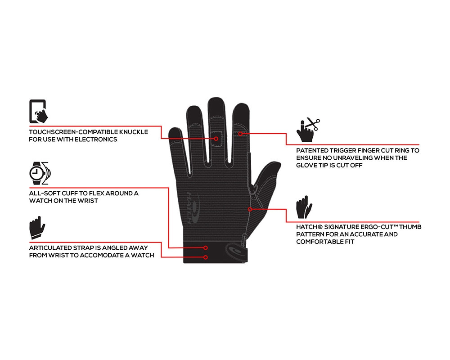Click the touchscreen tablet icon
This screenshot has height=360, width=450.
38,112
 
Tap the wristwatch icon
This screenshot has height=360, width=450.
40,173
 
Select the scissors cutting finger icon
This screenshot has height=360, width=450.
308,130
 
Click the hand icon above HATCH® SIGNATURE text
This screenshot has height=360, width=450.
304,207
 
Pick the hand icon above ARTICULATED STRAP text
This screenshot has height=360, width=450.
37,228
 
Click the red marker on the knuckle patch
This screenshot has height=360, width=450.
216,139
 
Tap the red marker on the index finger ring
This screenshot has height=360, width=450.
240,134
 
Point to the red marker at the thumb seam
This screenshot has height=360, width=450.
250,209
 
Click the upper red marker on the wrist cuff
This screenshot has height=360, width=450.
206,247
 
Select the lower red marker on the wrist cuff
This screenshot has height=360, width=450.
206,257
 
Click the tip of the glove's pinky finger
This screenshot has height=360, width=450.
174,130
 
